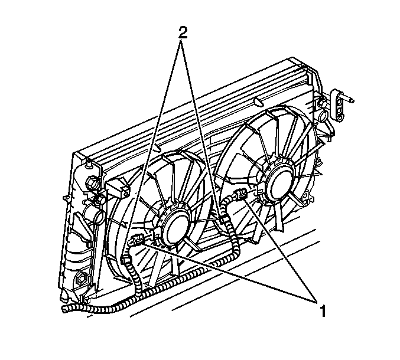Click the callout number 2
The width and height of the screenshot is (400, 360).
[183, 32]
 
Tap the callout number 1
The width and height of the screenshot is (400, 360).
[323, 311]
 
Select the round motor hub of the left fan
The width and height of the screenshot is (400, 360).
[176, 227]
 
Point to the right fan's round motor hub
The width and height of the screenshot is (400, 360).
[278, 182]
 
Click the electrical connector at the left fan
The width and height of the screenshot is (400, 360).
[138, 239]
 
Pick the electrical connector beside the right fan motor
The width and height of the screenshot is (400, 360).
[240, 194]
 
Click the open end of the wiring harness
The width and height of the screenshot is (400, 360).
[65, 309]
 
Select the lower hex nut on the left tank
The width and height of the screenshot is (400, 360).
[81, 278]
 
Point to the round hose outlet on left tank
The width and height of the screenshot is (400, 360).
[93, 213]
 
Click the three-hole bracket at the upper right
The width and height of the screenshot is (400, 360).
[337, 104]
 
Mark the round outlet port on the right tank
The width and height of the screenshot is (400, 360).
[324, 116]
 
